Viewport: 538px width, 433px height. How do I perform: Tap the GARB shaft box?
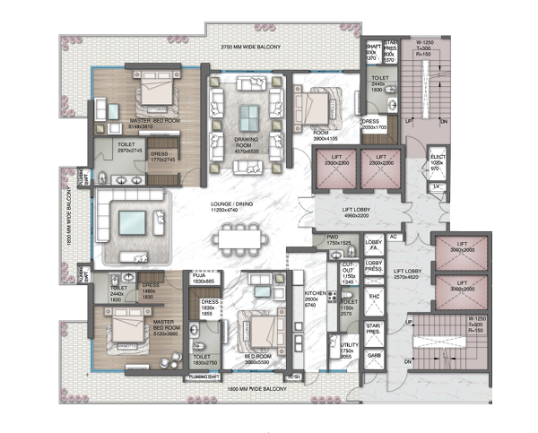click(x=374, y=355)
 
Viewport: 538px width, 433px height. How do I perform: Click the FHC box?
click(x=374, y=296)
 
